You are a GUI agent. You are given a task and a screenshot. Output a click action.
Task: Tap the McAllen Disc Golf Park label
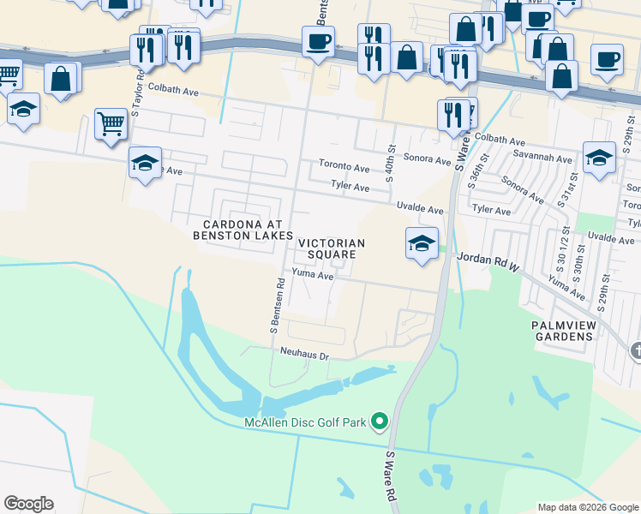304,421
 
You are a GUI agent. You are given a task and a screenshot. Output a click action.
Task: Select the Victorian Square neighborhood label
332,248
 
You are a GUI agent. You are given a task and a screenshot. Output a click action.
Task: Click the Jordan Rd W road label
488,257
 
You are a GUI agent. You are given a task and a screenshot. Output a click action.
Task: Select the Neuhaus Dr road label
304,353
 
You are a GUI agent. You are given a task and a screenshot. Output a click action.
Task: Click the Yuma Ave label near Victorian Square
312,274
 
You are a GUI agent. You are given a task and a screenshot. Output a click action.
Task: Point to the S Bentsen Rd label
276,305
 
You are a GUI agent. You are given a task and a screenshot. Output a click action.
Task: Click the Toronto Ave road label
344,167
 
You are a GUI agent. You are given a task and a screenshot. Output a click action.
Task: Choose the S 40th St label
390,164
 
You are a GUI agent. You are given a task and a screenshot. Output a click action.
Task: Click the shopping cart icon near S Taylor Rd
111,125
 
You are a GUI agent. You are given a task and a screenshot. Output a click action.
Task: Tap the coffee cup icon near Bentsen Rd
317,42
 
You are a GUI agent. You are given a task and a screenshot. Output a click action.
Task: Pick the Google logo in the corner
28,504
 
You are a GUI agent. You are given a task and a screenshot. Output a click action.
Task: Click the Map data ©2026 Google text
587,507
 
